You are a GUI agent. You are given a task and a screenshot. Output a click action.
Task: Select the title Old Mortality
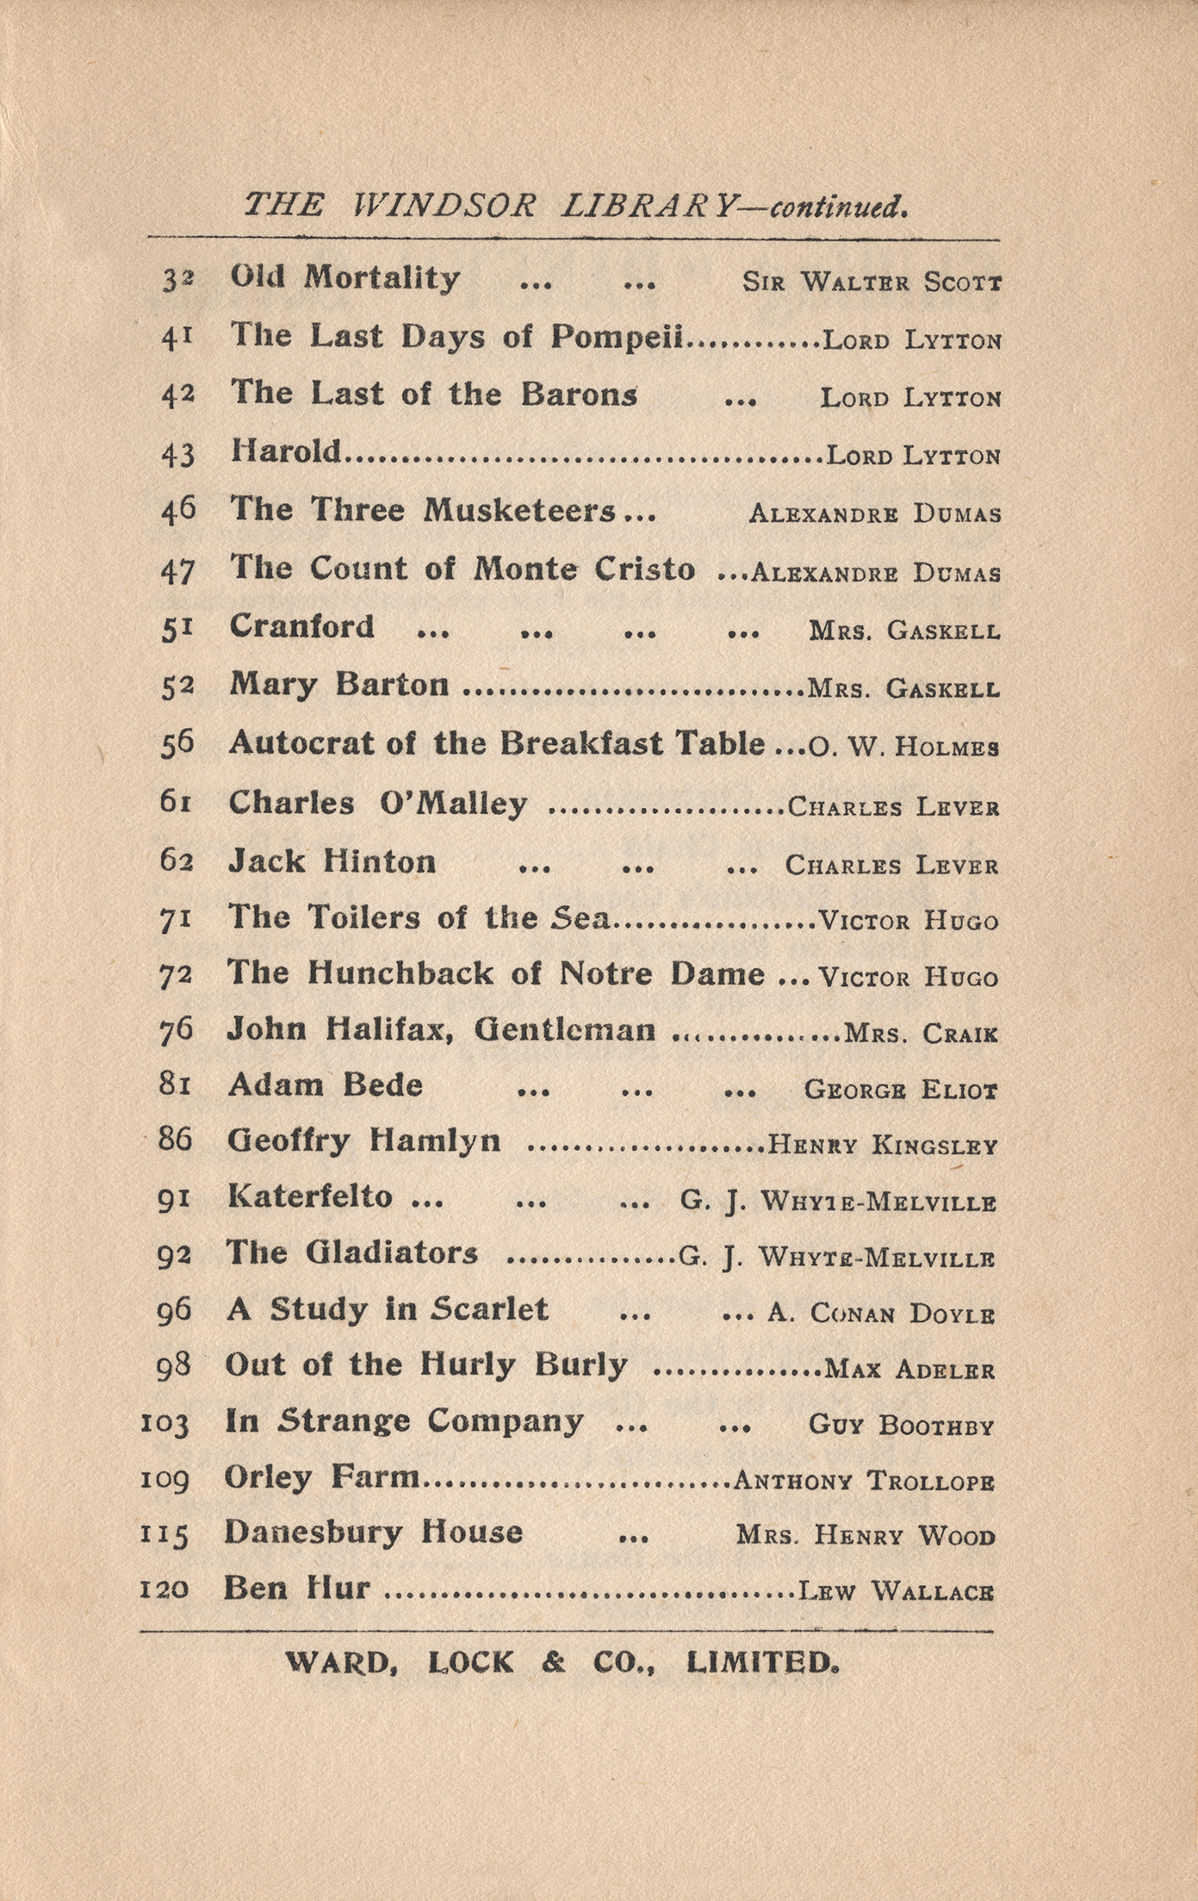coord(345,278)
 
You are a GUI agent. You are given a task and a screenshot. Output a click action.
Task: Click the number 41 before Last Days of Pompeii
coord(177,337)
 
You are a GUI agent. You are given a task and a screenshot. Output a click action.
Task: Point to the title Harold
coord(286,451)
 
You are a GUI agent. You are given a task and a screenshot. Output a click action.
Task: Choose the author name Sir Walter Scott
coord(872,283)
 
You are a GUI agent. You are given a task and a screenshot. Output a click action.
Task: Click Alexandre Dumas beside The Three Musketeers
coord(874,515)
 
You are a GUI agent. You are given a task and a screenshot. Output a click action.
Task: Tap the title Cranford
coord(301,626)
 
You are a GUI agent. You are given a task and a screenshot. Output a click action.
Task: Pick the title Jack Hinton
coord(332,861)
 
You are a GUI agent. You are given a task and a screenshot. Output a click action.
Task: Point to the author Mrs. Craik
coord(921,1034)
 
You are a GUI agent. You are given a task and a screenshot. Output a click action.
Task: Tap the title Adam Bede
coord(325,1085)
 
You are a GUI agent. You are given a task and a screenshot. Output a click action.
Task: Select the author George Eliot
coord(900,1090)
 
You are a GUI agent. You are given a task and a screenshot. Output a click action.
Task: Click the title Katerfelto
coord(309,1196)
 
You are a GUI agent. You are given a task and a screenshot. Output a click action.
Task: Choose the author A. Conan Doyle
coord(880,1314)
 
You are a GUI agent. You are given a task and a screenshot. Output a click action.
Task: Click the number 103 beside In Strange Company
coord(164,1425)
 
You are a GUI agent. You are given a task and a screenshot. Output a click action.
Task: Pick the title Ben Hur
coord(296,1587)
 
